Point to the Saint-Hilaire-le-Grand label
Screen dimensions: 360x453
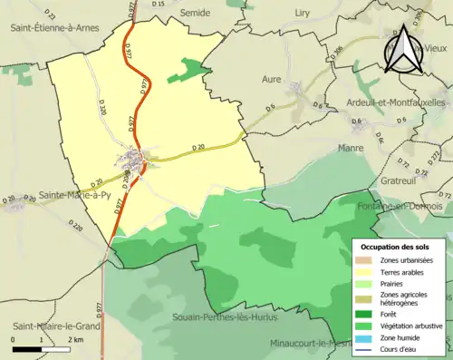(54, 326)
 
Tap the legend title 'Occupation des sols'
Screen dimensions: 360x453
(401, 247)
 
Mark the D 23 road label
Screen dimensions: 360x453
(49, 16)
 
